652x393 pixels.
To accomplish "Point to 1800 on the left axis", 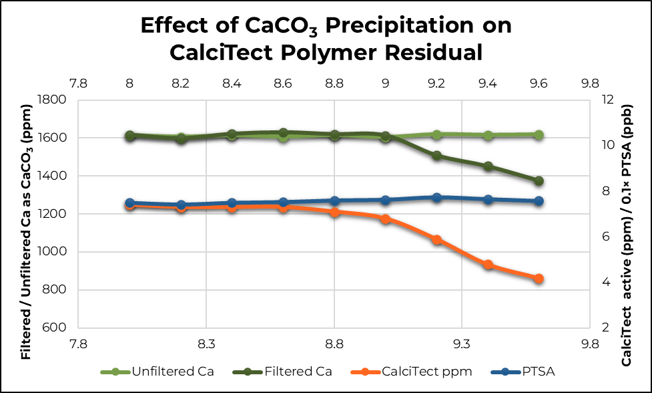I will (x=52, y=100).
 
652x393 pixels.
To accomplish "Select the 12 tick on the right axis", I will (x=606, y=100).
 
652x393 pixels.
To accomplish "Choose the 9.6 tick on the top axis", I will (x=539, y=84).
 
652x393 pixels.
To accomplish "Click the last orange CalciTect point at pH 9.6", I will (x=539, y=279).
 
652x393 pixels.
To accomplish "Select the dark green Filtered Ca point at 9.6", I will (x=539, y=181).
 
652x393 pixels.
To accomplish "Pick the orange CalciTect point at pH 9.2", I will (x=436, y=239).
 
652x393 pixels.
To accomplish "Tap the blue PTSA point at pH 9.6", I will (x=539, y=201).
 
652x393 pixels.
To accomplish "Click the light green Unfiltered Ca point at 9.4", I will (x=488, y=136).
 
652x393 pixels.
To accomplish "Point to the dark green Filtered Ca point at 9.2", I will (x=436, y=156).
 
